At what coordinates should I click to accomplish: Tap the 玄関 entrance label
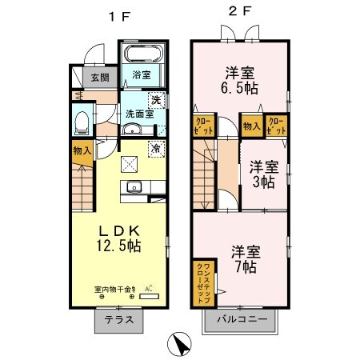pos(100,78)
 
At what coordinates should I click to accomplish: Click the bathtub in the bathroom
pos(144,57)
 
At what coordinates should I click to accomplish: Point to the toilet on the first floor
pos(80,122)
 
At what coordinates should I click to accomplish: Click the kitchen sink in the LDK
pos(134,189)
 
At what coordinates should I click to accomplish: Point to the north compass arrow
pos(181,345)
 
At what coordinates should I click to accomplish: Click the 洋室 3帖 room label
pos(262,174)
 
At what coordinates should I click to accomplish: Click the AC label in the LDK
pos(149,290)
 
